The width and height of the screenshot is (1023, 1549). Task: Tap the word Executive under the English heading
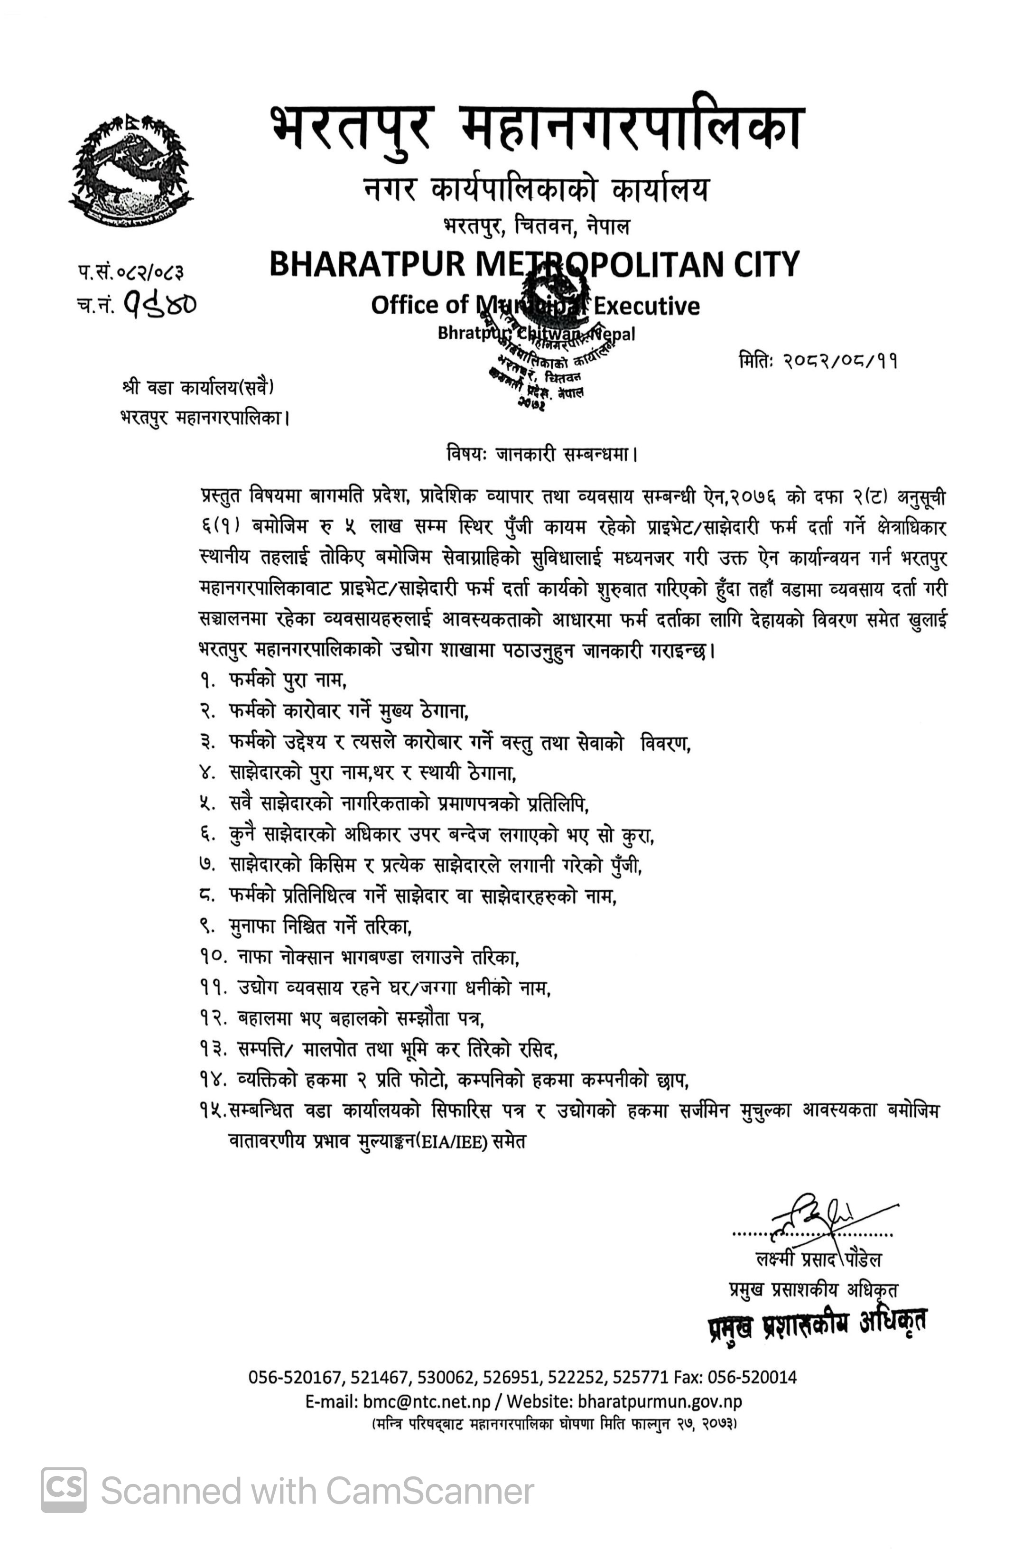645,305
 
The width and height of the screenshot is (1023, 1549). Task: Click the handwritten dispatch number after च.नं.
160,303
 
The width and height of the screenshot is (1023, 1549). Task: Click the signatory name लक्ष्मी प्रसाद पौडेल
818,1259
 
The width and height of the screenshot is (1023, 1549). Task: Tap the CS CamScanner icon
63,1490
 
